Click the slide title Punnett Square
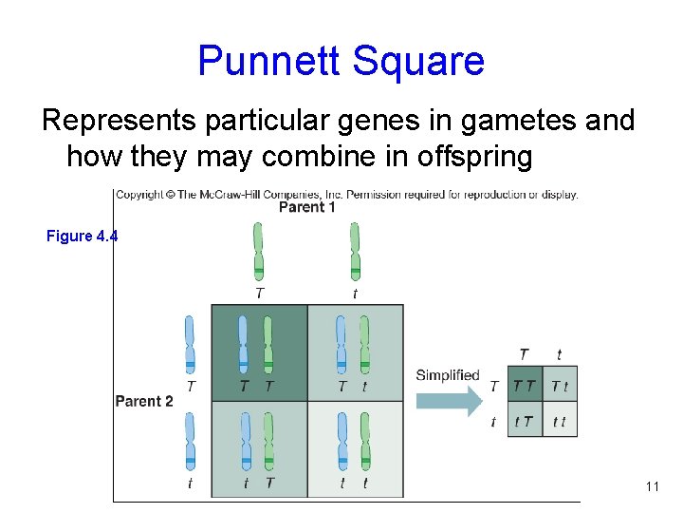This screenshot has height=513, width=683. point(341,61)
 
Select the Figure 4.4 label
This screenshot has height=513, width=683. point(82,236)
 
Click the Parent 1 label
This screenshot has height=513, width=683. point(308,207)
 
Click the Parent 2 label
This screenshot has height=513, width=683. point(144,401)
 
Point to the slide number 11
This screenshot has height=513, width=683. point(652,486)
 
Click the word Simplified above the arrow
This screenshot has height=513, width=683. point(448,375)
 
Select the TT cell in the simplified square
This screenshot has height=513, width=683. point(524,385)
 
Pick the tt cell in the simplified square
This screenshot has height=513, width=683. point(560,421)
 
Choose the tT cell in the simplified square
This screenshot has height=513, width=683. point(524,421)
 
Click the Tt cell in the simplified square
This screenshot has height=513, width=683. point(560,385)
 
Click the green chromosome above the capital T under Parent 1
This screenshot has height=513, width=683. point(259,252)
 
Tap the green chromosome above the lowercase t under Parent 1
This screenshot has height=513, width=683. point(355,252)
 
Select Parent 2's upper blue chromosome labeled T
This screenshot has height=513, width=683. point(190,345)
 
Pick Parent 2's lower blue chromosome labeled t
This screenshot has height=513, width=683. point(190,442)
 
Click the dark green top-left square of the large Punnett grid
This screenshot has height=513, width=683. point(259,352)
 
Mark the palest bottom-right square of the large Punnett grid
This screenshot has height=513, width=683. point(356,448)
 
